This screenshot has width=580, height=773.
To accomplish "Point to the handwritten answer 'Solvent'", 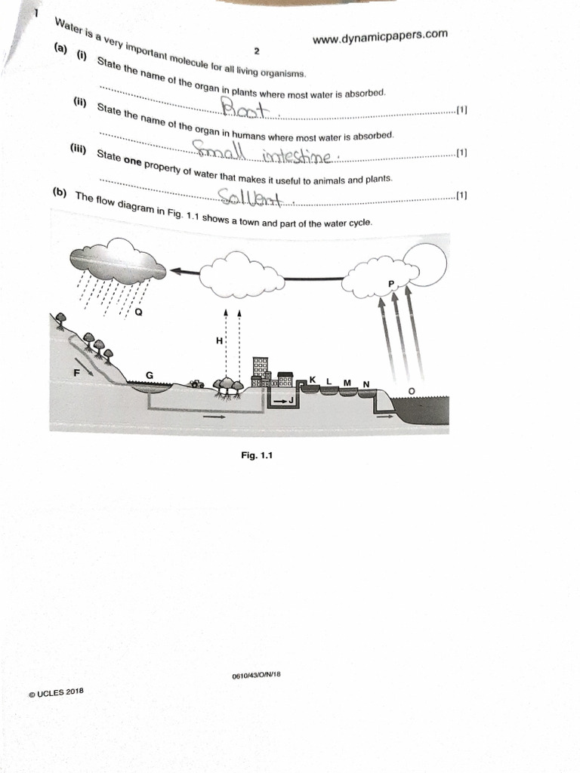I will coord(248,198).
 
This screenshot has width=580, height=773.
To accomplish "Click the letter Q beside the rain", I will coord(138,312).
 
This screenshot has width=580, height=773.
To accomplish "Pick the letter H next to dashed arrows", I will coord(219,340).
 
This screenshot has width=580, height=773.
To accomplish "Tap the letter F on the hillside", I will coord(77,371).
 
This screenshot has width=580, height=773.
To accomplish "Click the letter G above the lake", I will coord(149,375).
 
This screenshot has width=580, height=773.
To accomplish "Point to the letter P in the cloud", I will coord(390,283).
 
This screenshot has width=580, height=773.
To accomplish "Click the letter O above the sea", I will coord(411,390).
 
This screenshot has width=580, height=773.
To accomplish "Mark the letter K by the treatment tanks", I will coord(312,380).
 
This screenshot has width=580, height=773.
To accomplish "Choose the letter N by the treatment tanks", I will coord(366,384).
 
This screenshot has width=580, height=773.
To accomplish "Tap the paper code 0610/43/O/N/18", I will coord(257,674).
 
